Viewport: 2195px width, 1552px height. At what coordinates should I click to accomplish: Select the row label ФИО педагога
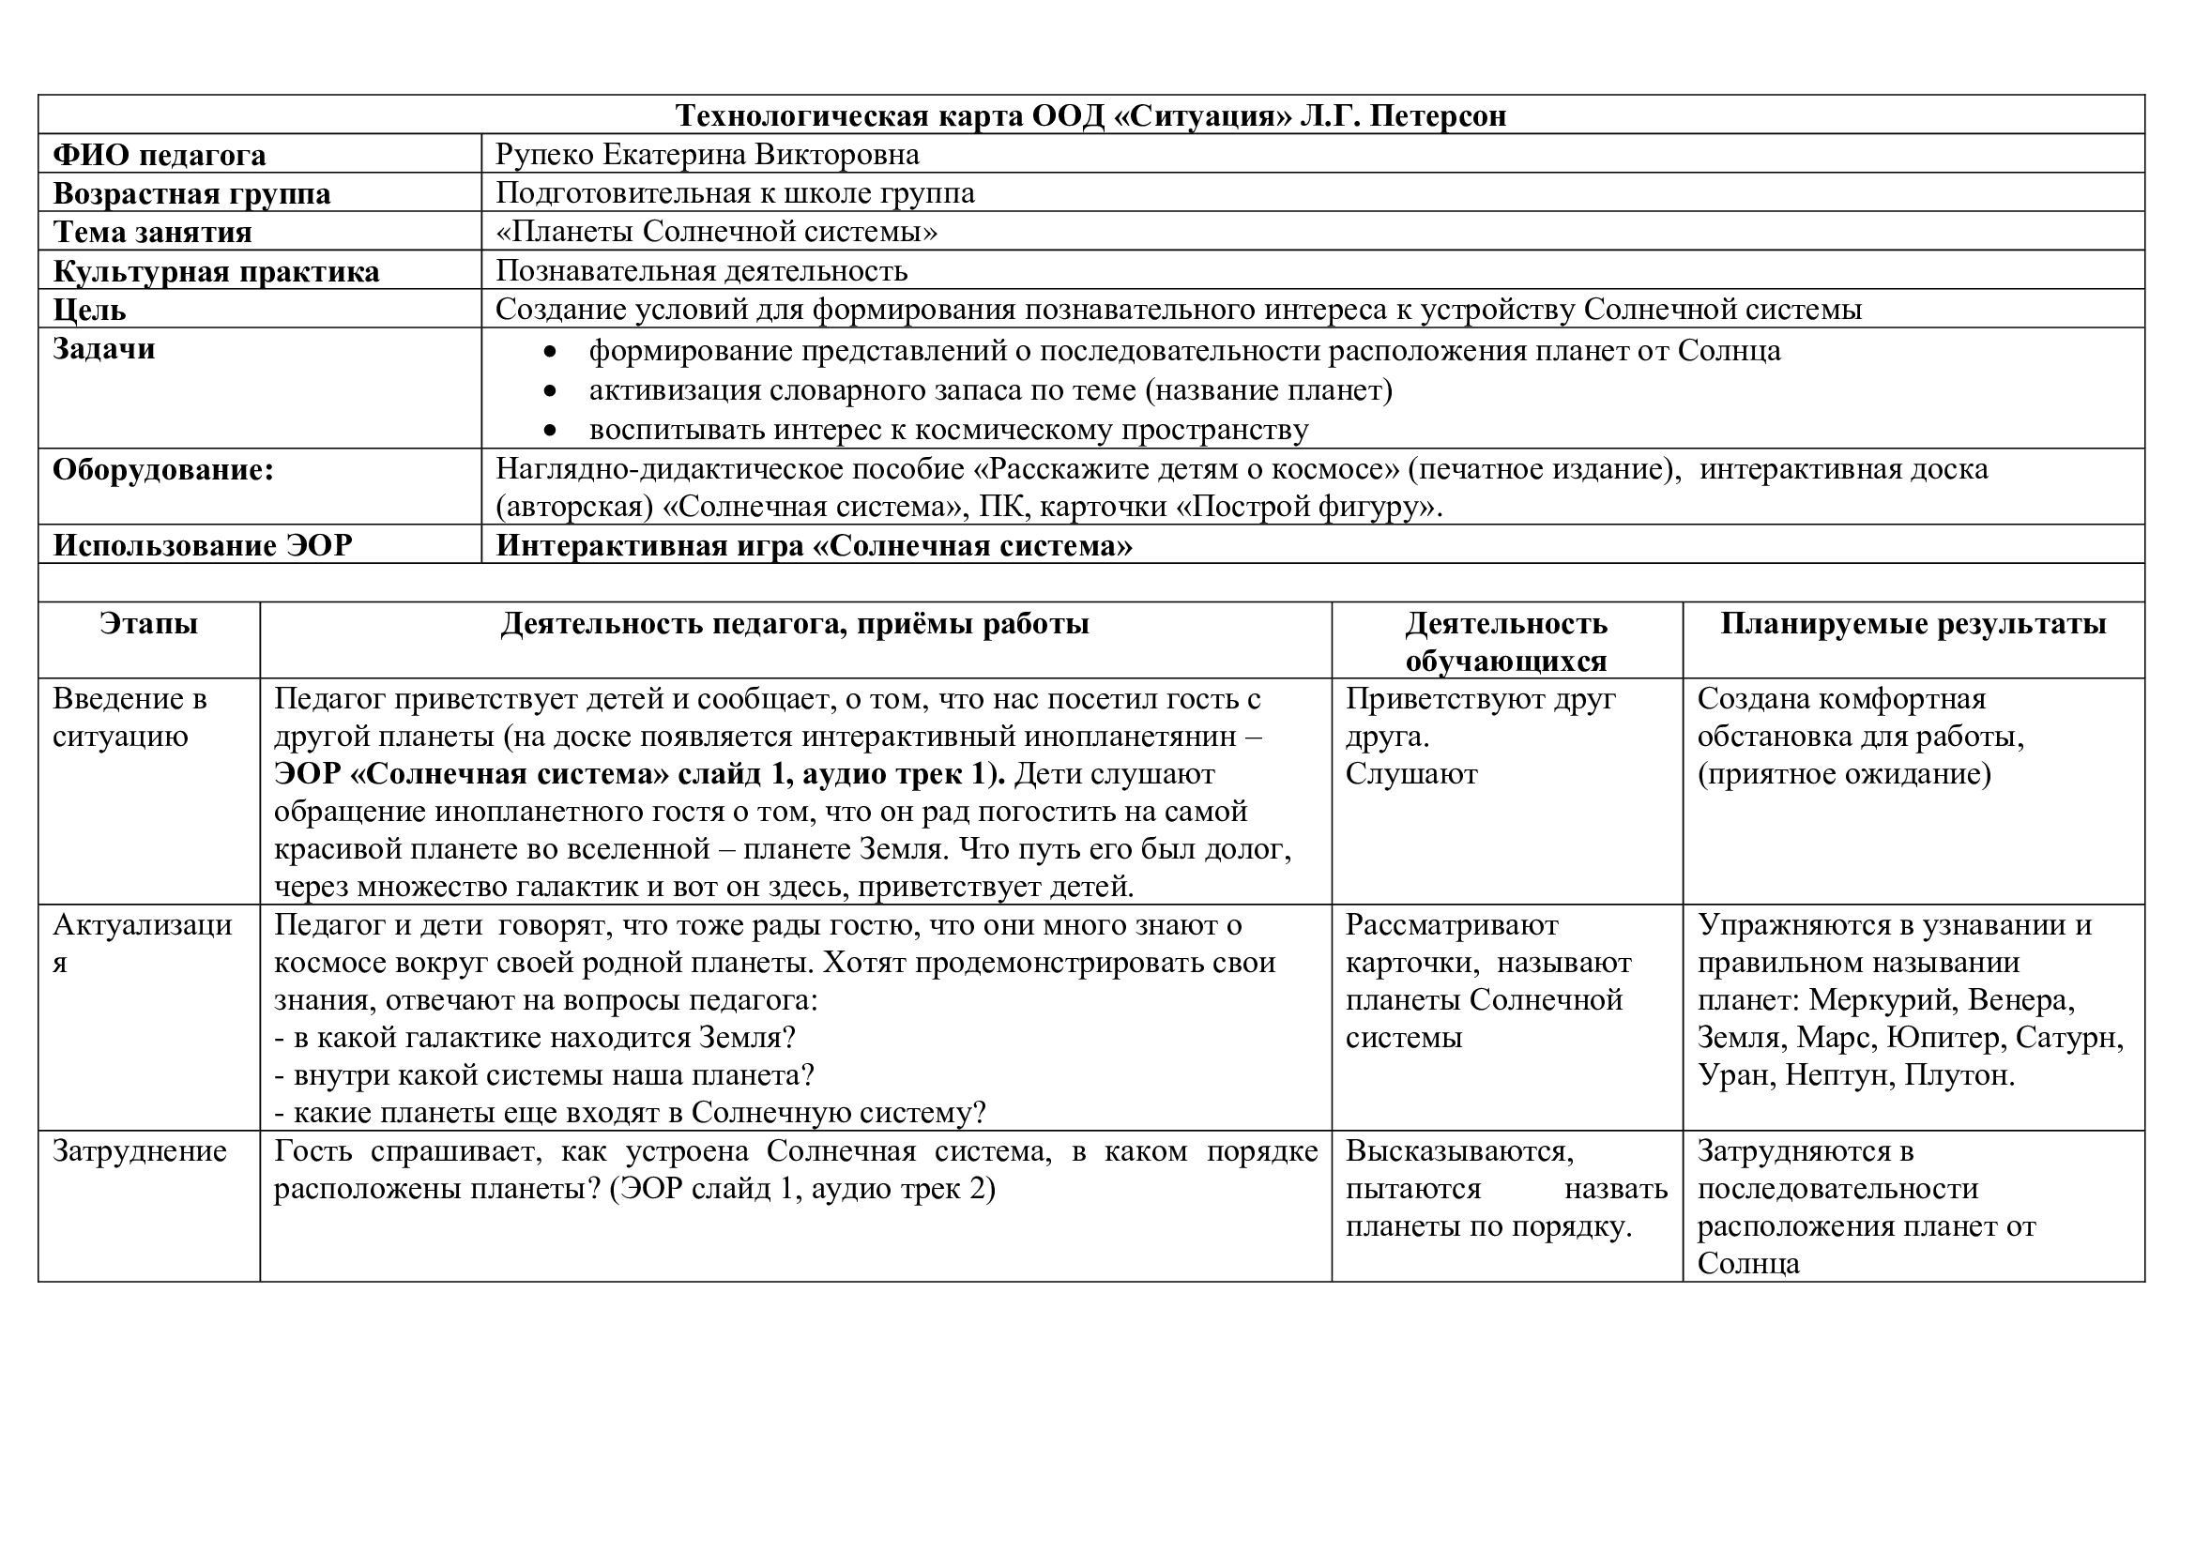pyautogui.click(x=159, y=155)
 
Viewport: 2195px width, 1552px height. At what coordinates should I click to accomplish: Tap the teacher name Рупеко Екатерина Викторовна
pyautogui.click(x=707, y=154)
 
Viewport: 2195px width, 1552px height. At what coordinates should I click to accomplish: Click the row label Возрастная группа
pyautogui.click(x=191, y=194)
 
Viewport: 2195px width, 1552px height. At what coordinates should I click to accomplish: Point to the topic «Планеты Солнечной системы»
pyautogui.click(x=716, y=232)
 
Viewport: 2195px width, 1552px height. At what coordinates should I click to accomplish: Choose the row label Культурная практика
pyautogui.click(x=215, y=272)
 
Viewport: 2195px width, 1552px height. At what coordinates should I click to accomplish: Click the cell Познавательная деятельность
pyautogui.click(x=701, y=271)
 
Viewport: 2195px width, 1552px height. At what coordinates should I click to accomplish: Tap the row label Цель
pyautogui.click(x=89, y=311)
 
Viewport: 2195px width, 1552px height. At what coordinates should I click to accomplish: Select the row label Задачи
pyautogui.click(x=103, y=349)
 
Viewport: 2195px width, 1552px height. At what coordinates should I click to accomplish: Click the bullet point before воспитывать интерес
pyautogui.click(x=549, y=431)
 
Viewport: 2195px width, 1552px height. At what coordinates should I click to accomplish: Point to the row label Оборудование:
pyautogui.click(x=162, y=470)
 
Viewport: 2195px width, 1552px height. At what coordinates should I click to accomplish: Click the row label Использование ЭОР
pyautogui.click(x=202, y=546)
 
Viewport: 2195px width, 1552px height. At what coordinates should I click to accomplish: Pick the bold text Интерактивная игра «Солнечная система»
pyautogui.click(x=814, y=546)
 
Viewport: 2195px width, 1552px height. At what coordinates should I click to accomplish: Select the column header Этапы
pyautogui.click(x=148, y=624)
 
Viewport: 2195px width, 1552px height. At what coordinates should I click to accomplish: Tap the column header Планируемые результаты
pyautogui.click(x=1913, y=624)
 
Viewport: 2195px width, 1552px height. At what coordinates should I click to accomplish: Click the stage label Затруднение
pyautogui.click(x=140, y=1151)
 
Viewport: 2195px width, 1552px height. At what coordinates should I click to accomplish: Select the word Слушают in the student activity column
pyautogui.click(x=1411, y=774)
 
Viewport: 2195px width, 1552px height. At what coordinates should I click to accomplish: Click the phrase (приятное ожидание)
pyautogui.click(x=1844, y=774)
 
